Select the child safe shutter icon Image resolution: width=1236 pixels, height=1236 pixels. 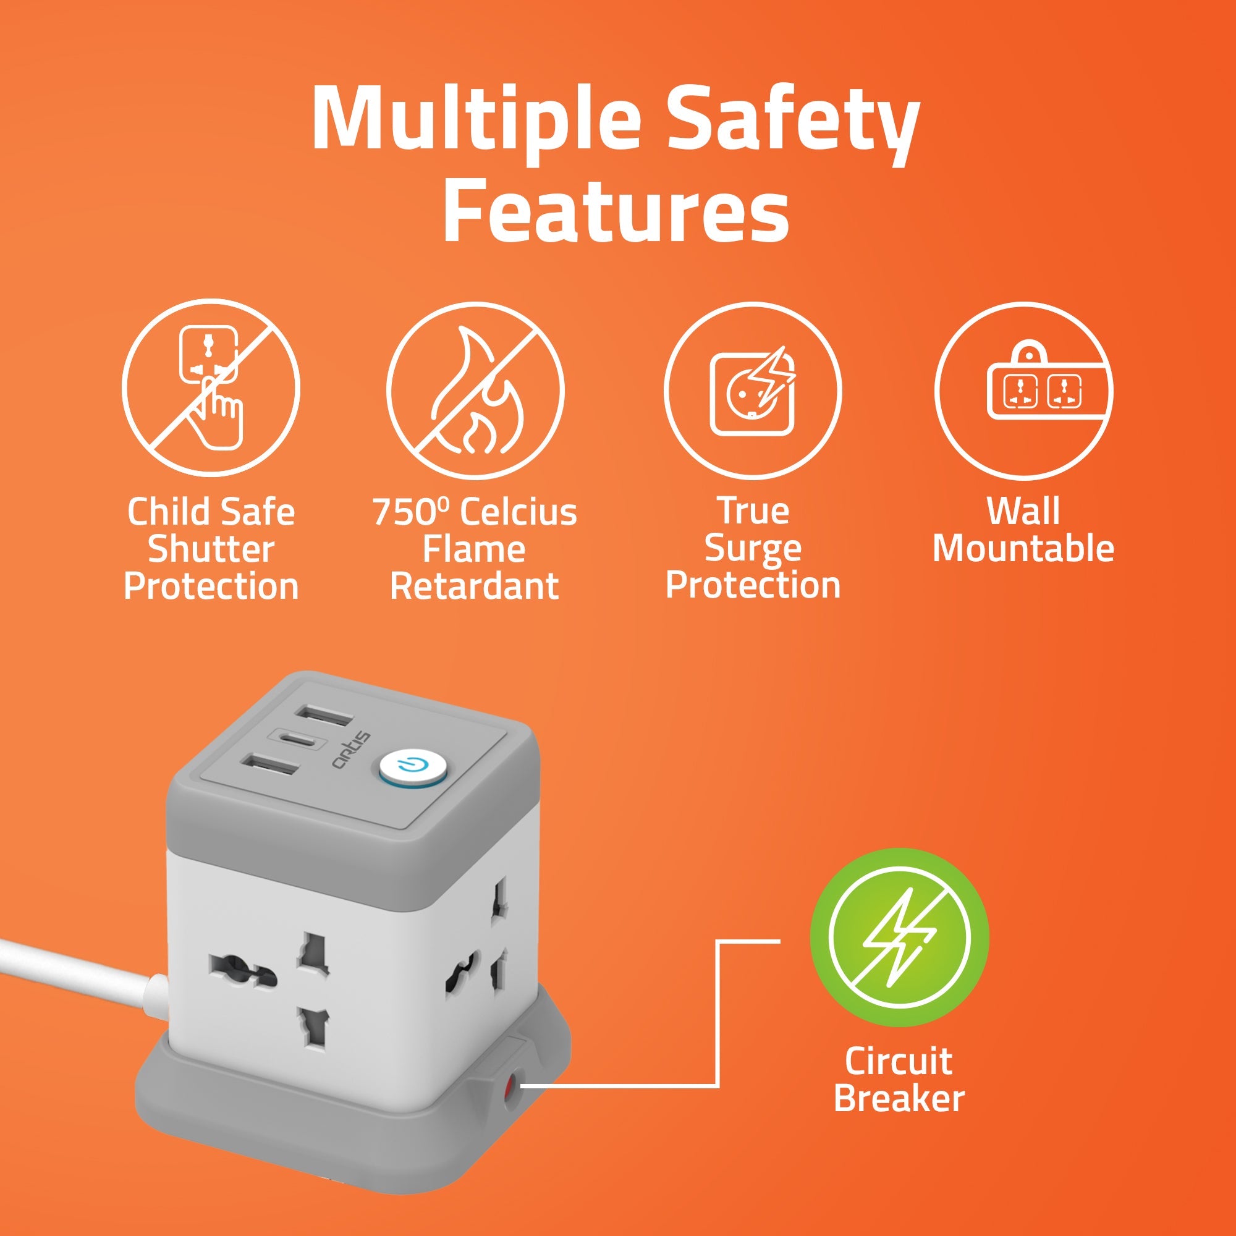pos(211,388)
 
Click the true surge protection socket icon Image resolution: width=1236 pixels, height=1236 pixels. pos(753,391)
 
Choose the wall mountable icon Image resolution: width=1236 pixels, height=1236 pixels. pos(1023,391)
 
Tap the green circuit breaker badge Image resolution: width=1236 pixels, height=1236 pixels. pos(899,938)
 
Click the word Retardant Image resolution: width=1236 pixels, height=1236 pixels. pos(474,586)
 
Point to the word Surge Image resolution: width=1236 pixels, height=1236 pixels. pos(752,551)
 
